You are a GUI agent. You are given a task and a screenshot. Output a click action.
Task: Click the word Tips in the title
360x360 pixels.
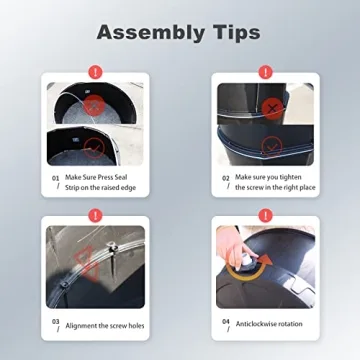tap(233, 32)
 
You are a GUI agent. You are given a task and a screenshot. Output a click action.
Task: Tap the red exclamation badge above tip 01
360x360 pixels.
tap(95, 72)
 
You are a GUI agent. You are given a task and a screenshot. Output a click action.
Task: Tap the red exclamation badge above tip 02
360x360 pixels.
tap(266, 72)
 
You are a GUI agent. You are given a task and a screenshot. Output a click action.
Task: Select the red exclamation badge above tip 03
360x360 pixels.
tap(95, 216)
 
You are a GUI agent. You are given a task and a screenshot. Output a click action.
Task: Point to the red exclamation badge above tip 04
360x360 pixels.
tap(266, 216)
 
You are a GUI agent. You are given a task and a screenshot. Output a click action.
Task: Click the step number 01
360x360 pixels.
tap(55, 178)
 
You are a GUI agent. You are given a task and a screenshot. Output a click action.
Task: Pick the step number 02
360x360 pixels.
tap(226, 178)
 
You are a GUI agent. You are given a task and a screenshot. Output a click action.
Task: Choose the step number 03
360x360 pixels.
tap(55, 322)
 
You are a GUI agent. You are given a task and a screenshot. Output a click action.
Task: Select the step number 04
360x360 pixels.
tap(226, 322)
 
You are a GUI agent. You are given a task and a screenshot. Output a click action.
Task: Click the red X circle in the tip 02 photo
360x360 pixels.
tap(272, 109)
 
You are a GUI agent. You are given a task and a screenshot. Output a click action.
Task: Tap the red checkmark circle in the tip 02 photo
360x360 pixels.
tap(272, 147)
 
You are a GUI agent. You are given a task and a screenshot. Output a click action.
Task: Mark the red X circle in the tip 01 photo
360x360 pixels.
tap(95, 105)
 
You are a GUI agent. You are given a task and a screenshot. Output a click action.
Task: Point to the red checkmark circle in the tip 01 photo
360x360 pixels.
tap(94, 148)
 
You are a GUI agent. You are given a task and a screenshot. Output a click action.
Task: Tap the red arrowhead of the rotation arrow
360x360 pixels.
tap(265, 260)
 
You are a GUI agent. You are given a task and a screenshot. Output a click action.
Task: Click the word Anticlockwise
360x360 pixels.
tap(256, 324)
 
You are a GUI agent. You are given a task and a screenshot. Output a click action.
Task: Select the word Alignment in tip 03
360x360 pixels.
tap(81, 326)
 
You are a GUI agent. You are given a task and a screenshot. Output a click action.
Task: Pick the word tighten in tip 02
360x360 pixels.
tap(291, 177)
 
